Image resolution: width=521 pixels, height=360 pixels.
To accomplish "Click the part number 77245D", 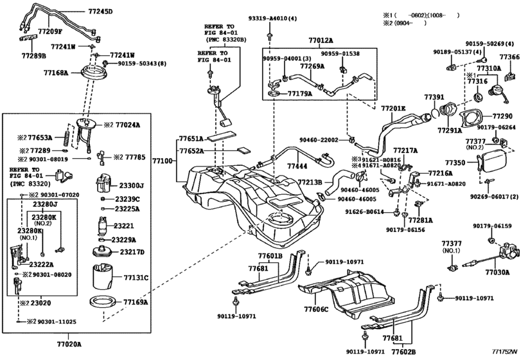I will click(x=100, y=12).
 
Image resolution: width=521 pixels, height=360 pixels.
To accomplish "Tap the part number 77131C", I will click(x=136, y=278).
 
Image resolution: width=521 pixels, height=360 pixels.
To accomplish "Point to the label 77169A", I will click(x=136, y=301).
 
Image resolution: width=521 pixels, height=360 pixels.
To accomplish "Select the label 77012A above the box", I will click(x=321, y=40).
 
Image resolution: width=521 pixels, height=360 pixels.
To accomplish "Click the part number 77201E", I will click(x=393, y=108).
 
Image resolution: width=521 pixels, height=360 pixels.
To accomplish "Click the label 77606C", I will click(x=315, y=309).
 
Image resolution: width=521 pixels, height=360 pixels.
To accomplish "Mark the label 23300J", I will click(x=134, y=185).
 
